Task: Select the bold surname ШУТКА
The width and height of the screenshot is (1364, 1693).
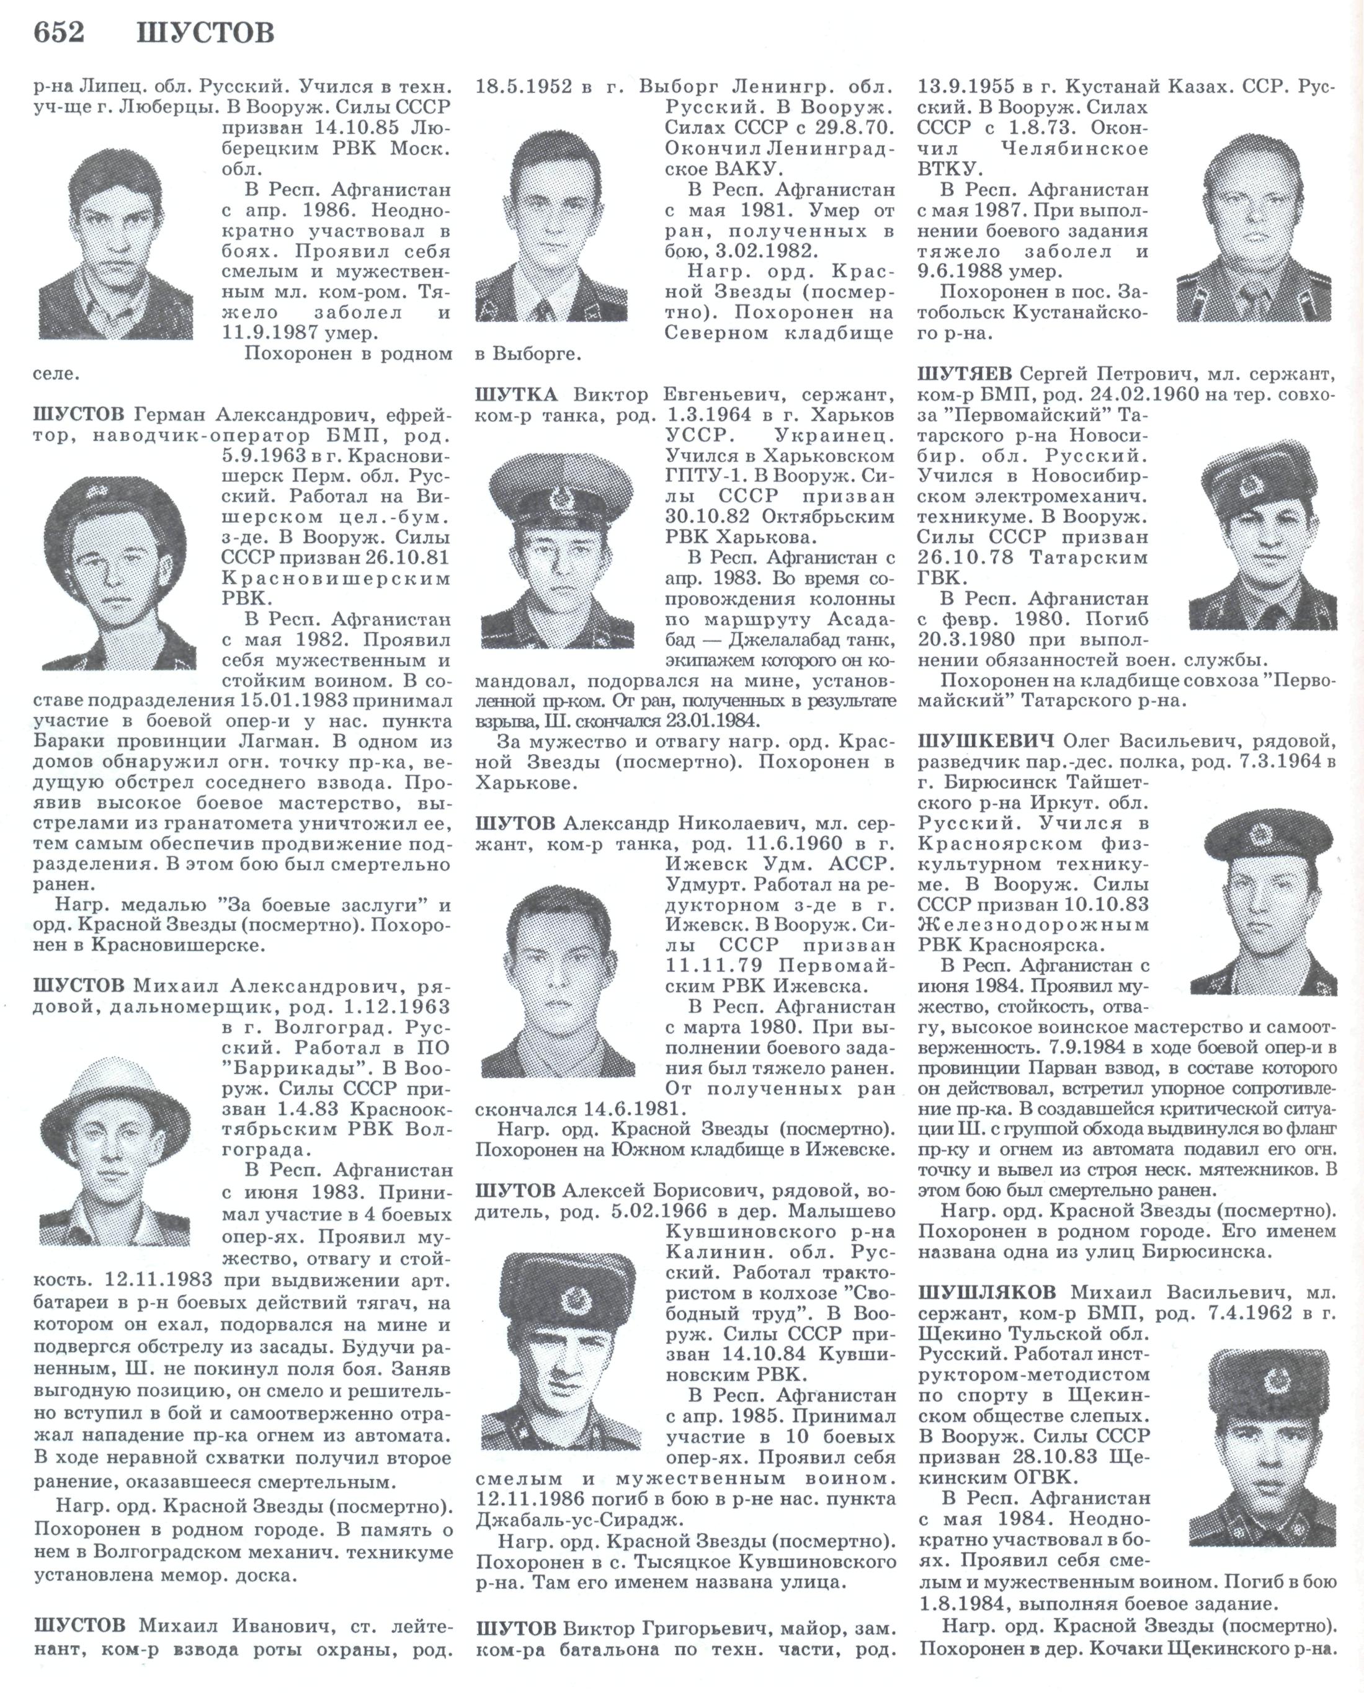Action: pos(516,394)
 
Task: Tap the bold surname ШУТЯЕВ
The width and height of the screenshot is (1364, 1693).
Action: pos(965,374)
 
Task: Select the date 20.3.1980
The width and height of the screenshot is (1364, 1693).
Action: pos(967,639)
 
